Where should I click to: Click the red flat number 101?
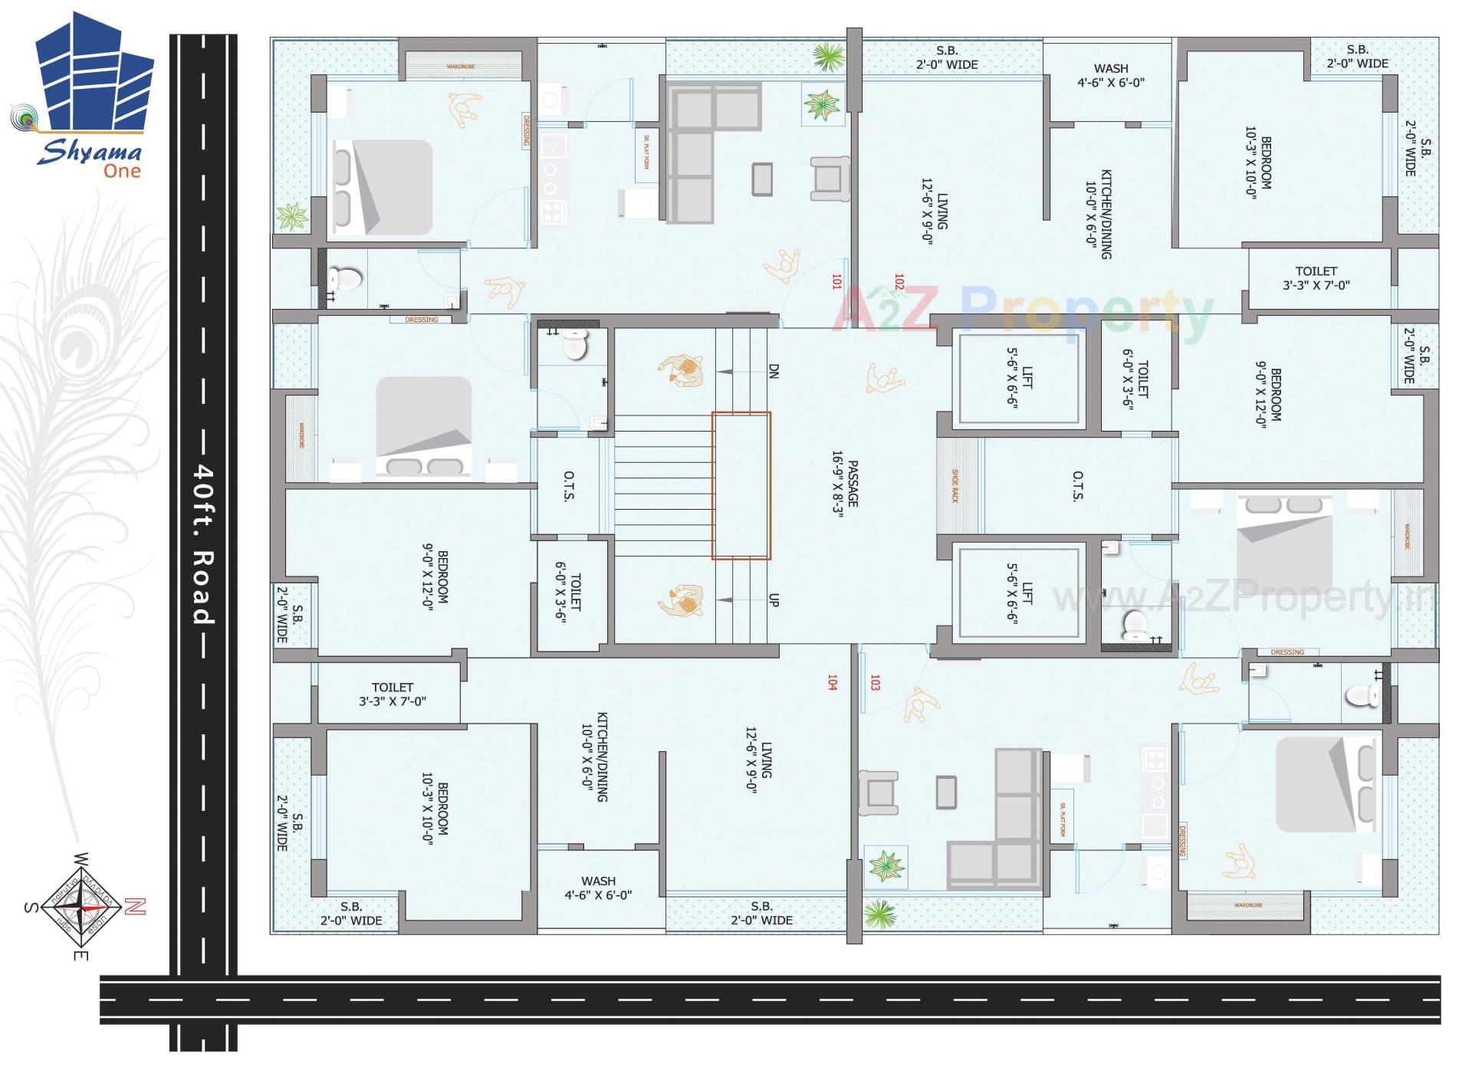[836, 282]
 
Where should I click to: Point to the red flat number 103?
[875, 682]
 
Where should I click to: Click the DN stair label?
[774, 371]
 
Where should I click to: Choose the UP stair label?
[773, 600]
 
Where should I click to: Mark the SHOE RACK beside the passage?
[955, 485]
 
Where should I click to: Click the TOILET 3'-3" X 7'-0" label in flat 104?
[392, 694]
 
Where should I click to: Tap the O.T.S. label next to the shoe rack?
[1077, 485]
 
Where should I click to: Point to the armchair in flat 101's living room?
[830, 178]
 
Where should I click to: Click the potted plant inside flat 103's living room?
[886, 865]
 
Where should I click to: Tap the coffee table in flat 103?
[947, 792]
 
